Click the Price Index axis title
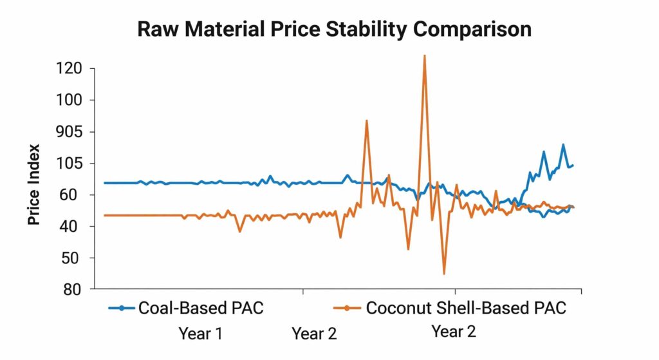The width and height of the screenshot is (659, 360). click(x=34, y=184)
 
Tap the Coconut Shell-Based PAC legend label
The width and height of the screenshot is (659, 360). click(x=466, y=308)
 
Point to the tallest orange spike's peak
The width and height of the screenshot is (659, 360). click(x=424, y=56)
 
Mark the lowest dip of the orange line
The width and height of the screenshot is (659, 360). click(x=444, y=274)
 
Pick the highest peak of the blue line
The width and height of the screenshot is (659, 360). click(x=563, y=145)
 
